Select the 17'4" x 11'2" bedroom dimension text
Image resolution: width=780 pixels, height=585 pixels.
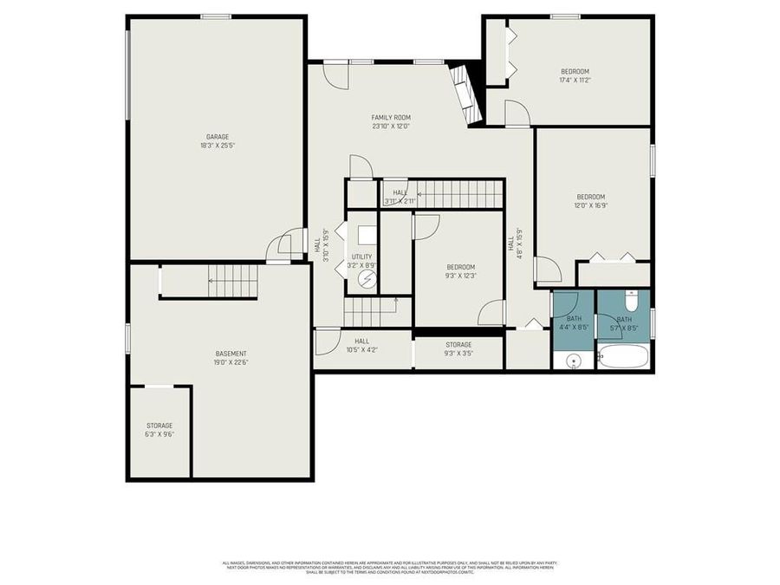[x=575, y=81]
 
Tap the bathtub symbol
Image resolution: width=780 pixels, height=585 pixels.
[x=622, y=356]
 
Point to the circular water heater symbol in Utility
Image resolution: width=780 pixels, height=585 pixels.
[x=367, y=279]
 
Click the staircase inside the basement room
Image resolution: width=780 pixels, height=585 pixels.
[x=232, y=281]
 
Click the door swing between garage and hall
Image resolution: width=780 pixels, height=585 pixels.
[x=290, y=244]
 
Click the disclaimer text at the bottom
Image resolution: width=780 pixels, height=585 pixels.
[x=389, y=568]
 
